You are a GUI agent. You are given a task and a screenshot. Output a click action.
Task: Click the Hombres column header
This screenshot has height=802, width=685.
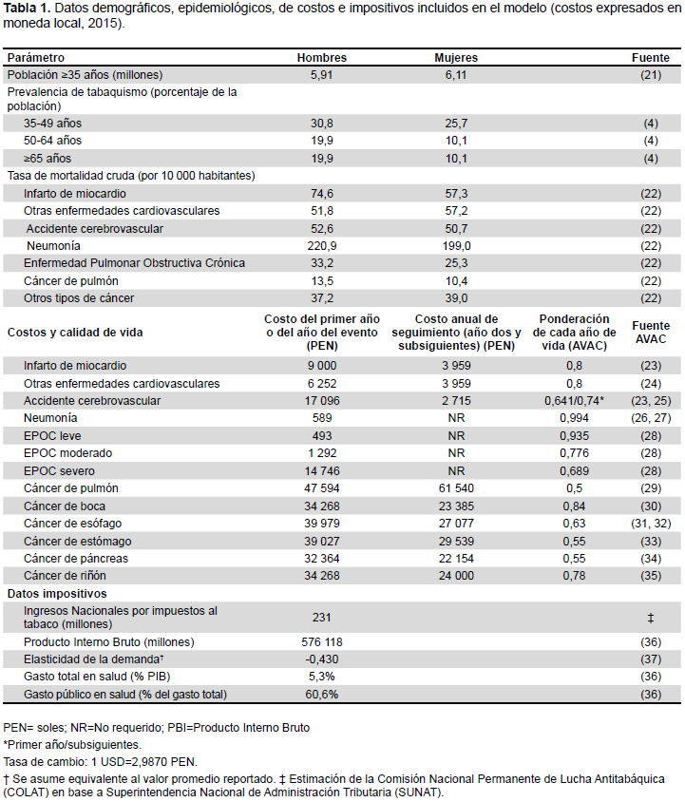(x=322, y=58)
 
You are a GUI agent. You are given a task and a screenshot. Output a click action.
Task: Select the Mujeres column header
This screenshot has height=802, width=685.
(x=456, y=58)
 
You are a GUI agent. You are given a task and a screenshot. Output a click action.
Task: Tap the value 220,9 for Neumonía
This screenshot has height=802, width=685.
(x=322, y=246)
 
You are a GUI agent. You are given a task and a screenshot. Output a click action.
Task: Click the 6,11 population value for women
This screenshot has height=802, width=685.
(x=456, y=75)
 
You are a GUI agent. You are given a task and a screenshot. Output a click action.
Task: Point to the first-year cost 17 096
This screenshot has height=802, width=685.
(x=322, y=401)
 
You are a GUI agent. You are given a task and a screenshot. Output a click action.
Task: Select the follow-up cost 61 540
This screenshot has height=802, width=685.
(x=456, y=488)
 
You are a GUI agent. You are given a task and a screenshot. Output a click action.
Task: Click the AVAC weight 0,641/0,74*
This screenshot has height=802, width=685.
(x=574, y=401)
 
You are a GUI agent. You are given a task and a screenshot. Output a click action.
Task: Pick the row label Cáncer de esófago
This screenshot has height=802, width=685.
(x=72, y=524)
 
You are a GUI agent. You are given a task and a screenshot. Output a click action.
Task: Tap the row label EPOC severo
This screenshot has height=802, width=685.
(x=59, y=471)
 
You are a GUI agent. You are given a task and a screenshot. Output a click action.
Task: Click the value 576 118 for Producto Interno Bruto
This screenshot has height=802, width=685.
(x=322, y=642)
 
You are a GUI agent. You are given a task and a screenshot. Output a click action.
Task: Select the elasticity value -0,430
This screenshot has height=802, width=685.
(x=322, y=659)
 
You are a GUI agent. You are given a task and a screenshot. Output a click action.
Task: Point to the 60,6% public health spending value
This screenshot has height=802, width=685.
(x=322, y=695)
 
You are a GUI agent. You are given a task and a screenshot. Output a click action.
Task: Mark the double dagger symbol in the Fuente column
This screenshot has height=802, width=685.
(x=651, y=619)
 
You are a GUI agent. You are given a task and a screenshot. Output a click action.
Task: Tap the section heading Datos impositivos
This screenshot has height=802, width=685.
(x=57, y=594)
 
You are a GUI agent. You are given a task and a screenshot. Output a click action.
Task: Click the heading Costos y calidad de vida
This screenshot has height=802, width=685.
(x=75, y=333)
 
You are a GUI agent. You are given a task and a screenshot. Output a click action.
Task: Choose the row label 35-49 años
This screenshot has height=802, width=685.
(x=52, y=124)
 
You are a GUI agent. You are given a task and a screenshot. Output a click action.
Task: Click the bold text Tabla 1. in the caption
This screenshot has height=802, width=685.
(x=27, y=9)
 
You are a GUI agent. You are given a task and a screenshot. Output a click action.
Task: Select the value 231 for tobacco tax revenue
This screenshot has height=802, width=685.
(x=322, y=618)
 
